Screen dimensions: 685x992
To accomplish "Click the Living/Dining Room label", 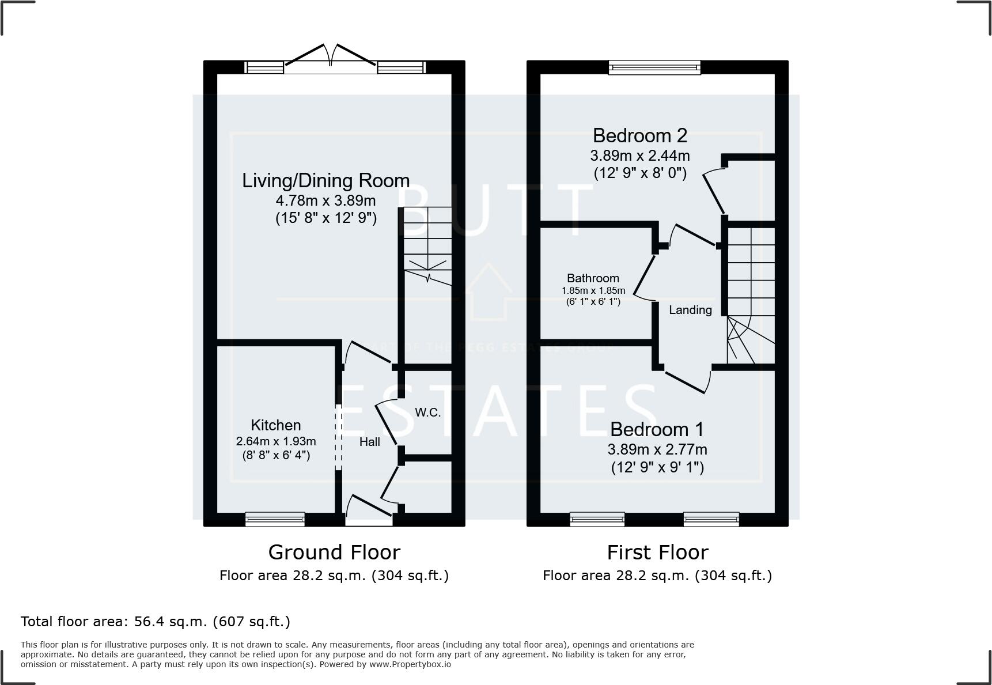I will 325,180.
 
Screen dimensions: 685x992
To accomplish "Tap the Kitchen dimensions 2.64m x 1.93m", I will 276,441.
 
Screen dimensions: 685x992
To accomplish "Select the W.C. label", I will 427,412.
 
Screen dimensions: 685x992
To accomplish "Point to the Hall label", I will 370,442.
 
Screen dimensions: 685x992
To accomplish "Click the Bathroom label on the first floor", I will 593,278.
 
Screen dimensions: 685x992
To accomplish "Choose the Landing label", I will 690,310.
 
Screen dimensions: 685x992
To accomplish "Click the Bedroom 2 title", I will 639,135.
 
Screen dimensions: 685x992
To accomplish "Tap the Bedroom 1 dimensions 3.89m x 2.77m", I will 657,449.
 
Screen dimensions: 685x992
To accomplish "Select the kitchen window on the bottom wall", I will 275,520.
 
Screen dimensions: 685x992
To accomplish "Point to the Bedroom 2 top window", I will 655,67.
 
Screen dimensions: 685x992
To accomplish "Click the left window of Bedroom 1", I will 597,520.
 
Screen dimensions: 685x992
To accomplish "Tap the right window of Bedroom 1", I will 711,520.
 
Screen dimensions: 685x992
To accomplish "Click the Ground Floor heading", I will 334,552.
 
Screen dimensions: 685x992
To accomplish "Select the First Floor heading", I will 657,552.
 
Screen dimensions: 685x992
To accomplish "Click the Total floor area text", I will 156,622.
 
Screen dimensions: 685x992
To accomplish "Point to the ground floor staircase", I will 427,248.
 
